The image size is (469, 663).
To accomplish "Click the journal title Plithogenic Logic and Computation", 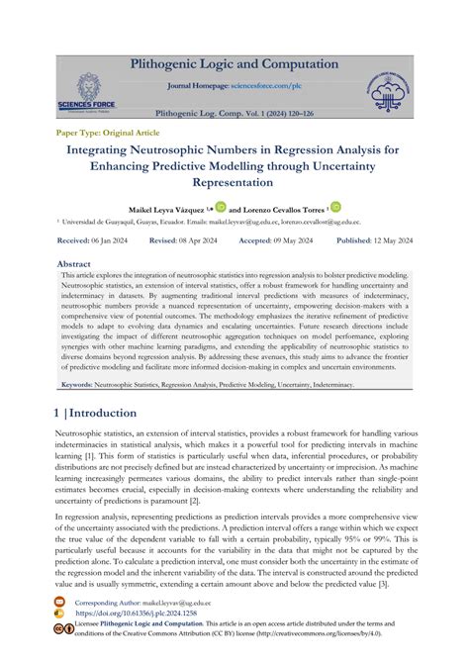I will click(234, 64).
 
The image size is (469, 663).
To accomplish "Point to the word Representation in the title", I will click(234, 183).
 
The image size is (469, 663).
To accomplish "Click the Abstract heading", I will click(73, 264).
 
